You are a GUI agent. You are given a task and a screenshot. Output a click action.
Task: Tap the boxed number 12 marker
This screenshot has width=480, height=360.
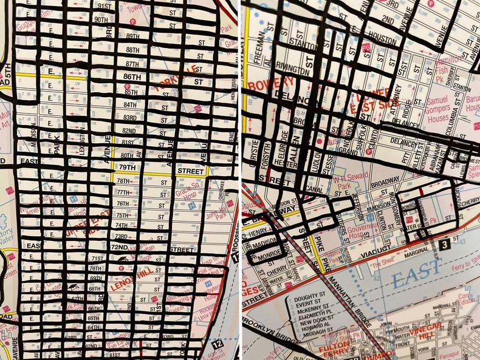pos(219,344)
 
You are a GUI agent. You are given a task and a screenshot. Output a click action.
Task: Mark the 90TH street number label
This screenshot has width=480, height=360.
pos(101,19)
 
